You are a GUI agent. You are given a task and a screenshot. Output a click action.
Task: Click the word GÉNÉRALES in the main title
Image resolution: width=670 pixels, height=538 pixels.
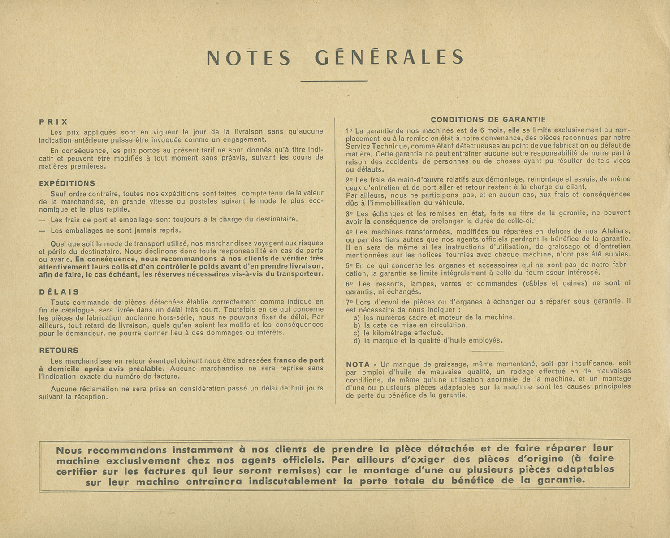click(389, 58)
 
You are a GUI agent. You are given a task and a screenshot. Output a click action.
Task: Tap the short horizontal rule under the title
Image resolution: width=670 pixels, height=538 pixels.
click(334, 81)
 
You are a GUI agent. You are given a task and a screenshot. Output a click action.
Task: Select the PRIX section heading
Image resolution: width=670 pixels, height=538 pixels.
click(53, 121)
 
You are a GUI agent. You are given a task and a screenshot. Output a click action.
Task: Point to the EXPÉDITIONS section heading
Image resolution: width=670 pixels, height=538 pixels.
click(67, 183)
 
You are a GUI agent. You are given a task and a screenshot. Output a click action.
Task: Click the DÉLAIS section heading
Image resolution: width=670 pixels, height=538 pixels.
click(59, 292)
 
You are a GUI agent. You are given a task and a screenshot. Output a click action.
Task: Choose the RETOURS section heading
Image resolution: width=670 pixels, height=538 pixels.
click(59, 350)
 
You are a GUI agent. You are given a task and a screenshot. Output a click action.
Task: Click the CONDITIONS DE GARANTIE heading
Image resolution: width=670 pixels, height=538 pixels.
click(488, 120)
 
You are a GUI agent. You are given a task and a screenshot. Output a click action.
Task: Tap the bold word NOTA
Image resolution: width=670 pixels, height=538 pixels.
click(358, 364)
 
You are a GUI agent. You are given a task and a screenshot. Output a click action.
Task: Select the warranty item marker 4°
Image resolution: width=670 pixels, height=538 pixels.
click(350, 232)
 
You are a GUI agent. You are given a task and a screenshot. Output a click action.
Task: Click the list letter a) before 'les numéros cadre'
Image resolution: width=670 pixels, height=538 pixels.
click(357, 317)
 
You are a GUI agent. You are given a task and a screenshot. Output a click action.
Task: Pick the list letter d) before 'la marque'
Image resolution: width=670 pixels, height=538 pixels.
click(357, 341)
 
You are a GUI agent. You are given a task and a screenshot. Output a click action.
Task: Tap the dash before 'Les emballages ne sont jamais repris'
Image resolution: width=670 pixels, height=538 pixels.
click(42, 231)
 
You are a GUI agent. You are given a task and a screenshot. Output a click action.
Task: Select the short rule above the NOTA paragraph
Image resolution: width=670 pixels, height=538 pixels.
click(488, 351)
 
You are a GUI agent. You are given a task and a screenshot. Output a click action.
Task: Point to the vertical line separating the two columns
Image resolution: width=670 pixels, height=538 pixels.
click(335, 260)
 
